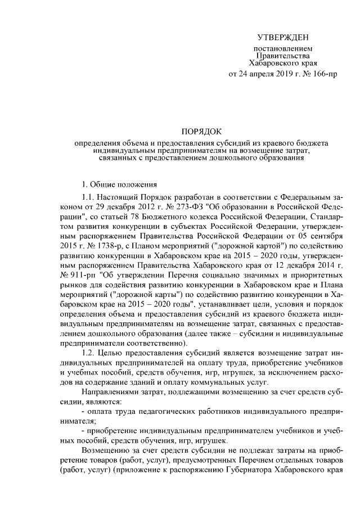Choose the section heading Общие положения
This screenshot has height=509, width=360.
(124, 185)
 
